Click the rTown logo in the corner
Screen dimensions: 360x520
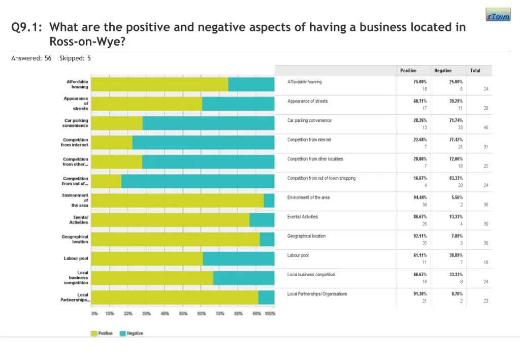[498, 15]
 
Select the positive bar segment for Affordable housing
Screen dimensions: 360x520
[159, 84]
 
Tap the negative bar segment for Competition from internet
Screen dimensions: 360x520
[203, 143]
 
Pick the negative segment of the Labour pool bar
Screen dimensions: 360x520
[239, 258]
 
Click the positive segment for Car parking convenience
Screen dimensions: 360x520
[117, 123]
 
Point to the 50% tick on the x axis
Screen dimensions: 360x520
[183, 314]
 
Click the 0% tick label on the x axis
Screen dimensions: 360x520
[94, 314]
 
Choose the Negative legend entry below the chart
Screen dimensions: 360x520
[132, 334]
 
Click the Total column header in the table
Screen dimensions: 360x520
[475, 71]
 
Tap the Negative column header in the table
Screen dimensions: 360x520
[442, 71]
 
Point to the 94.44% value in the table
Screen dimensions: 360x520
[420, 198]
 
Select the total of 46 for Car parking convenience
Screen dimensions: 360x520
[485, 127]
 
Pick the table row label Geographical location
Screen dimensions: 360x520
[306, 236]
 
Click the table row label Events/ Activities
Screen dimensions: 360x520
[303, 217]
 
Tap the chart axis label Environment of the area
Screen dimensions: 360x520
[76, 201]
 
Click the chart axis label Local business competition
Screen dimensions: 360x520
[76, 278]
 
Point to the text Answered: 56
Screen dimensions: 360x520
[31, 58]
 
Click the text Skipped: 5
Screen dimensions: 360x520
[75, 58]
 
